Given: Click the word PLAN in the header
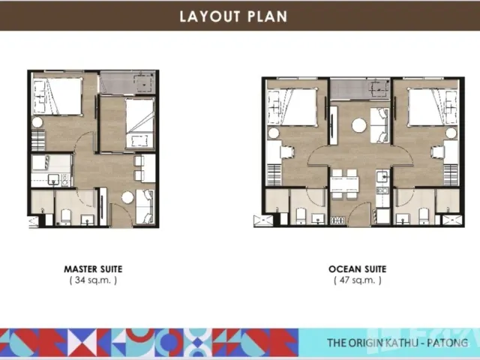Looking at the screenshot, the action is click(268, 16).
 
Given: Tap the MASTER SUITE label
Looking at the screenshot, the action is click(93, 269).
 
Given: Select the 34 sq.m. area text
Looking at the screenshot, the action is click(93, 280).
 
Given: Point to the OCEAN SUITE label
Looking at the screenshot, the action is click(358, 269).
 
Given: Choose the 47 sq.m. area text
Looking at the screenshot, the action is click(358, 280).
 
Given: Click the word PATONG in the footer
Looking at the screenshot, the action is click(448, 342).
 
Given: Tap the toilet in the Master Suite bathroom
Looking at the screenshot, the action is click(66, 217).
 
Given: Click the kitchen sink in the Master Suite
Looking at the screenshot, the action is click(53, 179).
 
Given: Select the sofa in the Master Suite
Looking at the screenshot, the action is click(145, 206).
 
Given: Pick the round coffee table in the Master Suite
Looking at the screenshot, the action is click(127, 197).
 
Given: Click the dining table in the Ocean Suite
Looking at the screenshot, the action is click(344, 184).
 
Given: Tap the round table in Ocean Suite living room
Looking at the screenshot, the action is click(359, 125).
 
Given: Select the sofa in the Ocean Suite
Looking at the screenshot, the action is click(379, 125).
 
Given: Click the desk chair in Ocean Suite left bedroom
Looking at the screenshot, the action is click(287, 152).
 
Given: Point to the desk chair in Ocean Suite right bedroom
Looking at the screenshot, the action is click(438, 152).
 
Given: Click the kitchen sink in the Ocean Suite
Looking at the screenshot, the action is click(382, 177).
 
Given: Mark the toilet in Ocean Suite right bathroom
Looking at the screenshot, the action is click(423, 216).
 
